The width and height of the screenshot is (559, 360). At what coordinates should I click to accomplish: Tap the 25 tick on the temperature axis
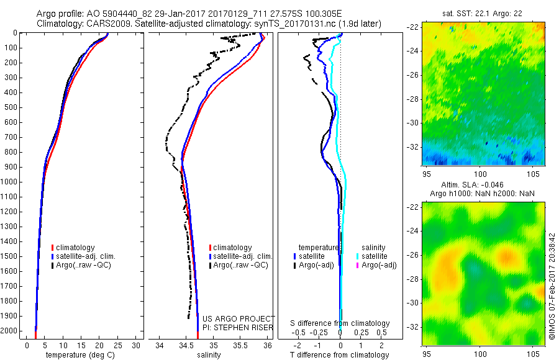(118, 344)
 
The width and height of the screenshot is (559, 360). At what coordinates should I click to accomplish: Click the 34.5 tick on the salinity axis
(186, 344)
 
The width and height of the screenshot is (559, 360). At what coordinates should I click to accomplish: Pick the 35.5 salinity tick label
(240, 344)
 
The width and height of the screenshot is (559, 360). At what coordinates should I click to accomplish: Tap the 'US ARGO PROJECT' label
(239, 318)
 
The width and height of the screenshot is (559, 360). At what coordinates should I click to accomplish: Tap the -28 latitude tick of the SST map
(412, 99)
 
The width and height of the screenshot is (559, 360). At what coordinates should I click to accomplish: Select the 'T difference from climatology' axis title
(340, 355)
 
